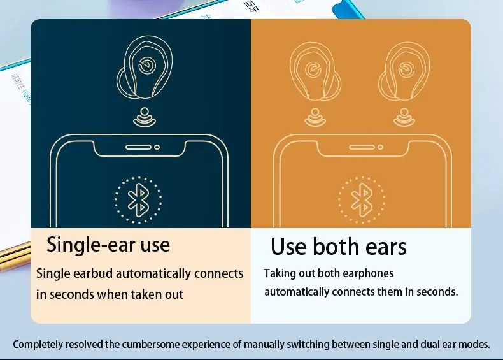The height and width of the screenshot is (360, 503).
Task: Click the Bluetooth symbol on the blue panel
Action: tap(138, 200)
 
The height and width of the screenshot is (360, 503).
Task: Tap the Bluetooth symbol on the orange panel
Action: tap(361, 199)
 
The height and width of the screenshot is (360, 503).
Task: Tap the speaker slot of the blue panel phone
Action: tap(138, 147)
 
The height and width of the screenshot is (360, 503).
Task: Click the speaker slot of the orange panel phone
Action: tap(361, 147)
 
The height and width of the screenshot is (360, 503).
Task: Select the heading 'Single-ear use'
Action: tap(108, 244)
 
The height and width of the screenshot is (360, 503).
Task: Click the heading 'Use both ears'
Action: tap(338, 247)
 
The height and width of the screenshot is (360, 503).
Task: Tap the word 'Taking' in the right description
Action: tap(281, 273)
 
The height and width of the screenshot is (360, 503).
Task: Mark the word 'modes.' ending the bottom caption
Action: tap(475, 344)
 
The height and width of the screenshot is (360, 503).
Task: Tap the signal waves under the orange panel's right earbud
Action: tap(402, 116)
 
